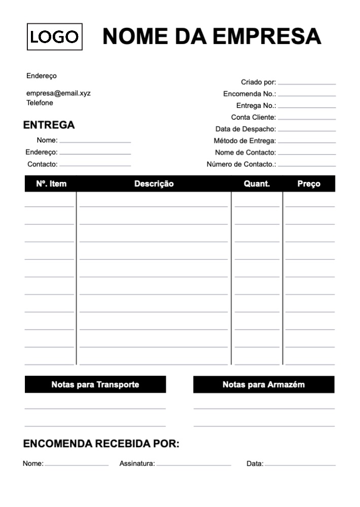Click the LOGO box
[55, 37]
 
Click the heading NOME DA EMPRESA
[212, 37]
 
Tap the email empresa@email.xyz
[58, 93]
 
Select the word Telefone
[40, 103]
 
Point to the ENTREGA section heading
[49, 125]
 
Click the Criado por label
[258, 82]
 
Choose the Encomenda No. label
[249, 94]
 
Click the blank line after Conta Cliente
[307, 119]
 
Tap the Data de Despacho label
[245, 129]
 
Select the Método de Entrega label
[245, 141]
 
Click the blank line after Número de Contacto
[307, 165]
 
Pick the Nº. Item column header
[51, 184]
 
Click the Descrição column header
[154, 184]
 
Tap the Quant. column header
[257, 184]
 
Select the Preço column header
[309, 184]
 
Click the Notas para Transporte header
[95, 384]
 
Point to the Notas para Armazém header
[264, 384]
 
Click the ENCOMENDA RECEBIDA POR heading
[101, 445]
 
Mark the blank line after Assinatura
[194, 464]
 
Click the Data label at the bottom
[255, 464]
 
